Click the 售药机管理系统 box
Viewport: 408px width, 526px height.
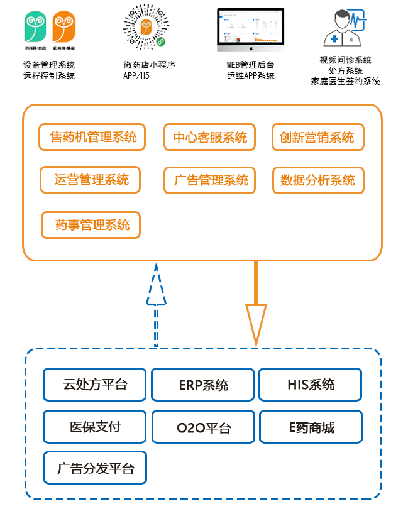click(92, 137)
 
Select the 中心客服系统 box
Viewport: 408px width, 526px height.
click(210, 137)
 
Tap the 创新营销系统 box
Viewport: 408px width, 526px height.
click(317, 137)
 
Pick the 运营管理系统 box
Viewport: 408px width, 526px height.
click(90, 180)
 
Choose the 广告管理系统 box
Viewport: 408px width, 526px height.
click(210, 180)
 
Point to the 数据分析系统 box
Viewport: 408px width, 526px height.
click(317, 180)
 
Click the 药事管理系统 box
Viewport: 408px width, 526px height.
click(91, 224)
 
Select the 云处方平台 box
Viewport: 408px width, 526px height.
click(95, 385)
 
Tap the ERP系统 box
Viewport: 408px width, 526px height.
click(203, 385)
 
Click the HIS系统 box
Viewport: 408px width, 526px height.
click(311, 385)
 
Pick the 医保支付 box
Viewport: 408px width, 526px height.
click(95, 427)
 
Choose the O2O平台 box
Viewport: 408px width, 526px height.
click(203, 427)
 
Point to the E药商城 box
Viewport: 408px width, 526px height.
click(311, 427)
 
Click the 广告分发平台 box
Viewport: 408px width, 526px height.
click(95, 468)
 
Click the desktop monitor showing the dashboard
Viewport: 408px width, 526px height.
click(250, 30)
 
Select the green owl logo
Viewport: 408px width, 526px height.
click(35, 28)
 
